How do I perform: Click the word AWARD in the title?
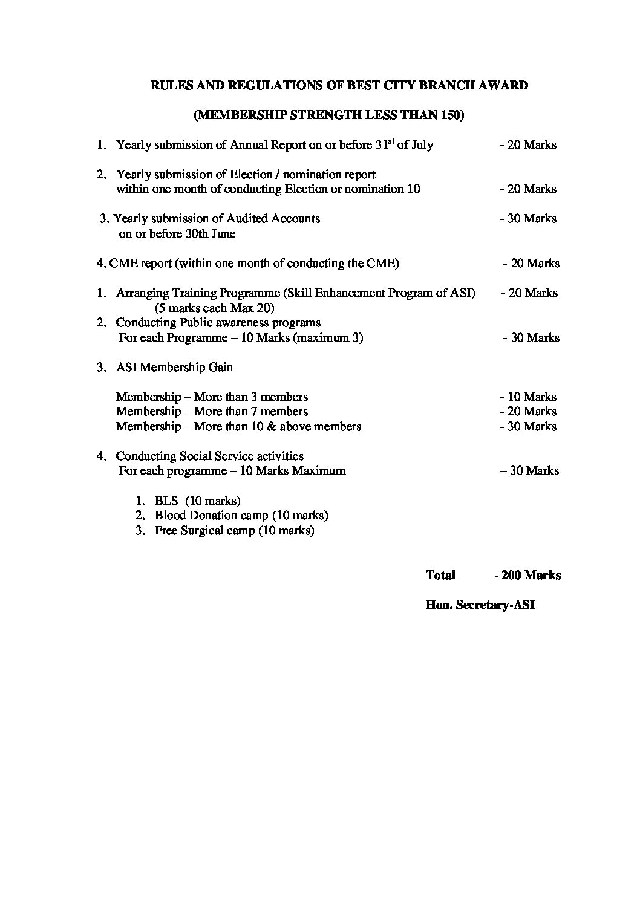click(x=503, y=85)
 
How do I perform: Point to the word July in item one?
click(x=422, y=145)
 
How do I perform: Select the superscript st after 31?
click(x=390, y=141)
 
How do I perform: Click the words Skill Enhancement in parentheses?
click(x=335, y=293)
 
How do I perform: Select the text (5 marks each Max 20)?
click(x=214, y=308)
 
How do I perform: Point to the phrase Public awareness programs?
click(x=249, y=322)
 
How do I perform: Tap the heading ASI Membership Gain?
click(x=174, y=367)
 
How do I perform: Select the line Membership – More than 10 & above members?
click(x=238, y=426)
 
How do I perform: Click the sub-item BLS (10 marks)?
click(x=197, y=501)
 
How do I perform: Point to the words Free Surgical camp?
click(x=204, y=531)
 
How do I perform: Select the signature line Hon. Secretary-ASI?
click(x=480, y=605)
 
